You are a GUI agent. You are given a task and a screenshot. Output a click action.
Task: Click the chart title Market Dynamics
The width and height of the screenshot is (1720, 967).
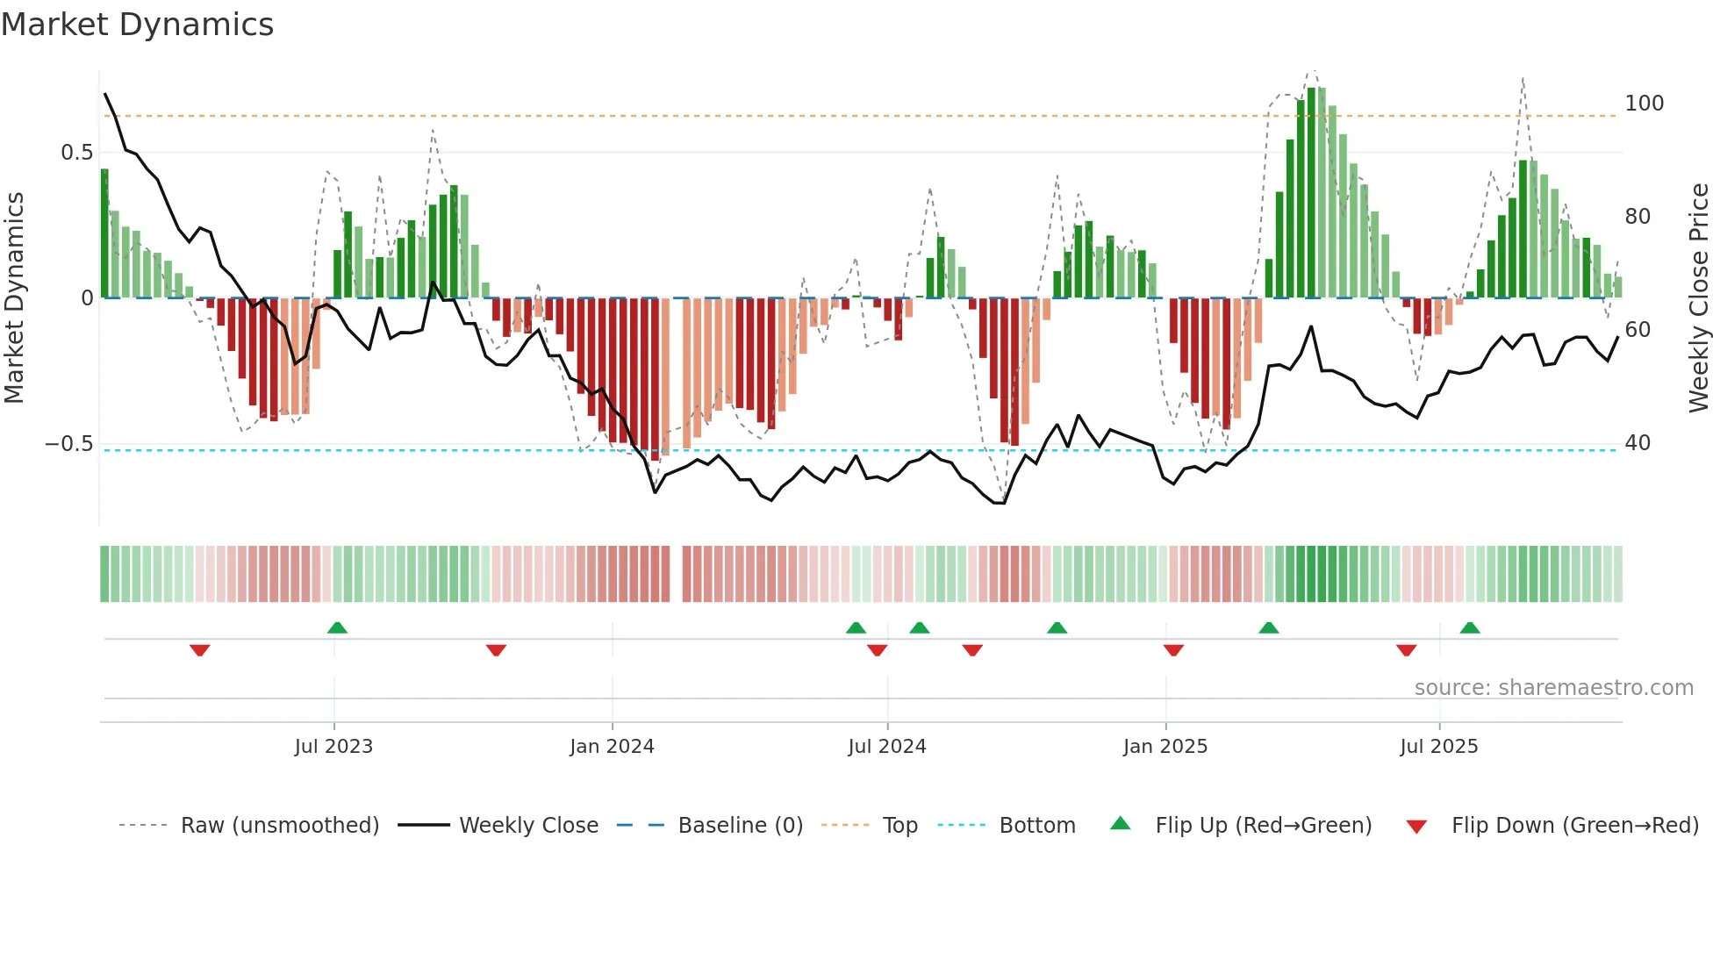click(x=137, y=25)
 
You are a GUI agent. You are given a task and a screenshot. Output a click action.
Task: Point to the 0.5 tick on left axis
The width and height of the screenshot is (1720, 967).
click(x=76, y=153)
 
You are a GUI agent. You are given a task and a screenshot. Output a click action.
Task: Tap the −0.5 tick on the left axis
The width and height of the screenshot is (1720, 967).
click(x=68, y=444)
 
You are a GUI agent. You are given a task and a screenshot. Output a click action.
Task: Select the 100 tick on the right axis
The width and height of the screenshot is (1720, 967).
click(x=1644, y=104)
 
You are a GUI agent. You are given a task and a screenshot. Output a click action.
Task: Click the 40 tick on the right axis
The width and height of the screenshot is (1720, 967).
click(x=1638, y=443)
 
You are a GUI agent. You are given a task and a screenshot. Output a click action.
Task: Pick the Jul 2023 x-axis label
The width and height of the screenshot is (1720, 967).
click(x=333, y=747)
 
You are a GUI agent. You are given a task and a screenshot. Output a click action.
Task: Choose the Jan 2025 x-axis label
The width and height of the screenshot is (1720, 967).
click(x=1165, y=747)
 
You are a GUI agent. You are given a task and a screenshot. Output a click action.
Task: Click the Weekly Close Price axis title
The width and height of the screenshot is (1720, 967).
click(x=1699, y=298)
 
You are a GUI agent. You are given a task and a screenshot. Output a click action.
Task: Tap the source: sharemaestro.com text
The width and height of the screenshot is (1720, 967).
click(x=1553, y=688)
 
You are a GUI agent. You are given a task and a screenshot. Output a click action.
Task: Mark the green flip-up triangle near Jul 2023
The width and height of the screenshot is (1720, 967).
click(x=337, y=627)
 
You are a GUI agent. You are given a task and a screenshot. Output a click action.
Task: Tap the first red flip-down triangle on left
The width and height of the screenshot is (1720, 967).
click(x=200, y=650)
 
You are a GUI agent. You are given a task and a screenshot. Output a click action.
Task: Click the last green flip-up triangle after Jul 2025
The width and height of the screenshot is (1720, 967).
click(x=1470, y=627)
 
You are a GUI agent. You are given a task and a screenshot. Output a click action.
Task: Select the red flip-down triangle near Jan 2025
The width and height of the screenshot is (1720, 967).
click(x=1173, y=650)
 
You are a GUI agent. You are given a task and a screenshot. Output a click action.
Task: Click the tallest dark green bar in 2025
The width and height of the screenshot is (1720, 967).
click(x=1311, y=193)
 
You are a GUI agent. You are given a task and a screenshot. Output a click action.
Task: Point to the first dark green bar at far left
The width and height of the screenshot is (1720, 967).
click(x=104, y=233)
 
